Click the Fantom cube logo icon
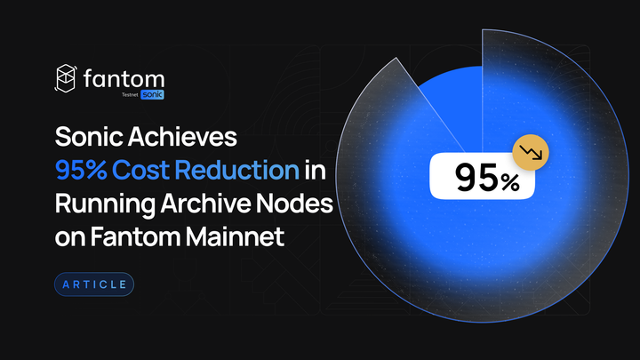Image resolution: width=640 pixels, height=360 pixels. [66, 79]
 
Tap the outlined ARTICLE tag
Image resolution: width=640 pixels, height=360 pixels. [94, 285]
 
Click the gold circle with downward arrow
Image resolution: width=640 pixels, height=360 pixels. [531, 152]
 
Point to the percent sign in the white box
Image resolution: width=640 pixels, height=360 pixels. [509, 181]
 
